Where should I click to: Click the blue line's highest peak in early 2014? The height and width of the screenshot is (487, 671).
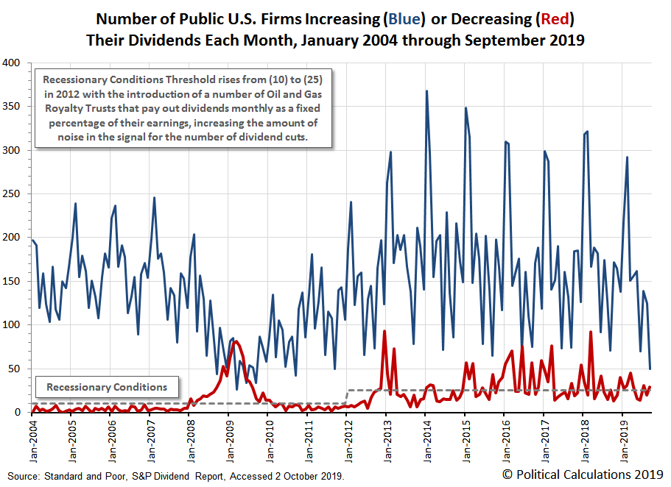426,91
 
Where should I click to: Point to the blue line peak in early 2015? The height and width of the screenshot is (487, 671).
466,108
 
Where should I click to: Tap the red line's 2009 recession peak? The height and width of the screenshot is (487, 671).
234,341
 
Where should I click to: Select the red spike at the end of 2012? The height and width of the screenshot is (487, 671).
385,331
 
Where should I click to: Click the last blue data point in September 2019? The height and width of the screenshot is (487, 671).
650,369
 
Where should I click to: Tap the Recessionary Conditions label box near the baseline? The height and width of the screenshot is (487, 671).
107,387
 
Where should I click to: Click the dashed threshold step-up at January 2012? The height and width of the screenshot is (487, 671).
347,397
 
